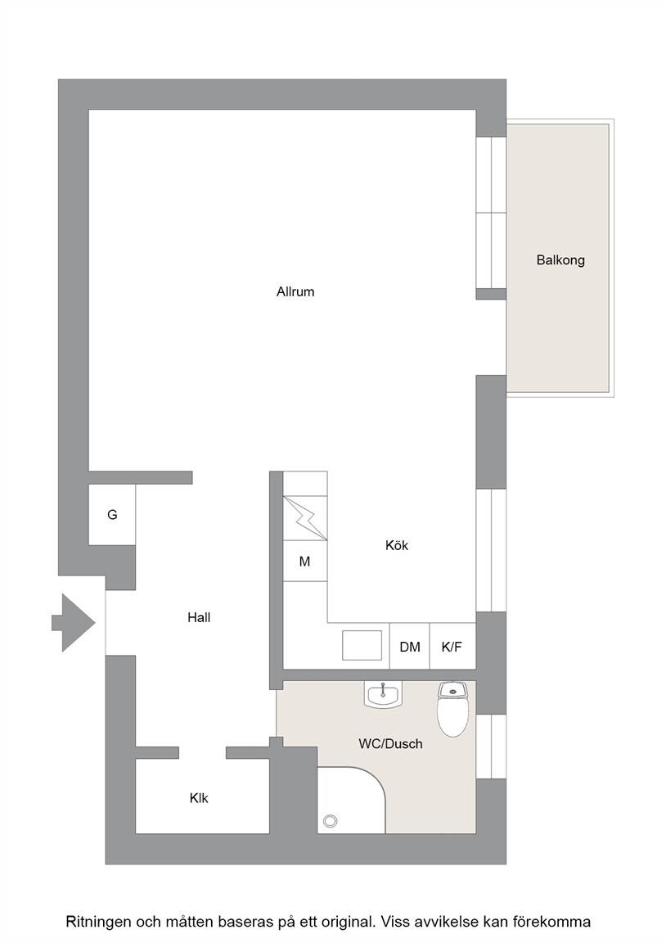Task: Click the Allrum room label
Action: click(295, 291)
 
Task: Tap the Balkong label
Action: click(560, 260)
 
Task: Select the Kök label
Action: click(397, 545)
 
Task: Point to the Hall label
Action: click(199, 618)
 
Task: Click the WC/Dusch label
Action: click(391, 744)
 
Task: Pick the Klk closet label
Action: click(199, 798)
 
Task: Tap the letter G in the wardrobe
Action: click(112, 515)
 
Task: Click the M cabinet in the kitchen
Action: click(304, 561)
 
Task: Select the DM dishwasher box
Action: click(409, 647)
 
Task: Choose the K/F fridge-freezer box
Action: click(452, 647)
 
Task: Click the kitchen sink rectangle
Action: click(362, 645)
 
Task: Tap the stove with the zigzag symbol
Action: click(304, 518)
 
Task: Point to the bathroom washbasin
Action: click(382, 695)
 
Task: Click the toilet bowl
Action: click(452, 710)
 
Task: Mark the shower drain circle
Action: click(330, 820)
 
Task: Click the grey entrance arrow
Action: click(74, 622)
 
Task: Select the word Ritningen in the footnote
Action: click(98, 922)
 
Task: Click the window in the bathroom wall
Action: click(491, 747)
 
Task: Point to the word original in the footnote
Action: click(345, 922)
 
